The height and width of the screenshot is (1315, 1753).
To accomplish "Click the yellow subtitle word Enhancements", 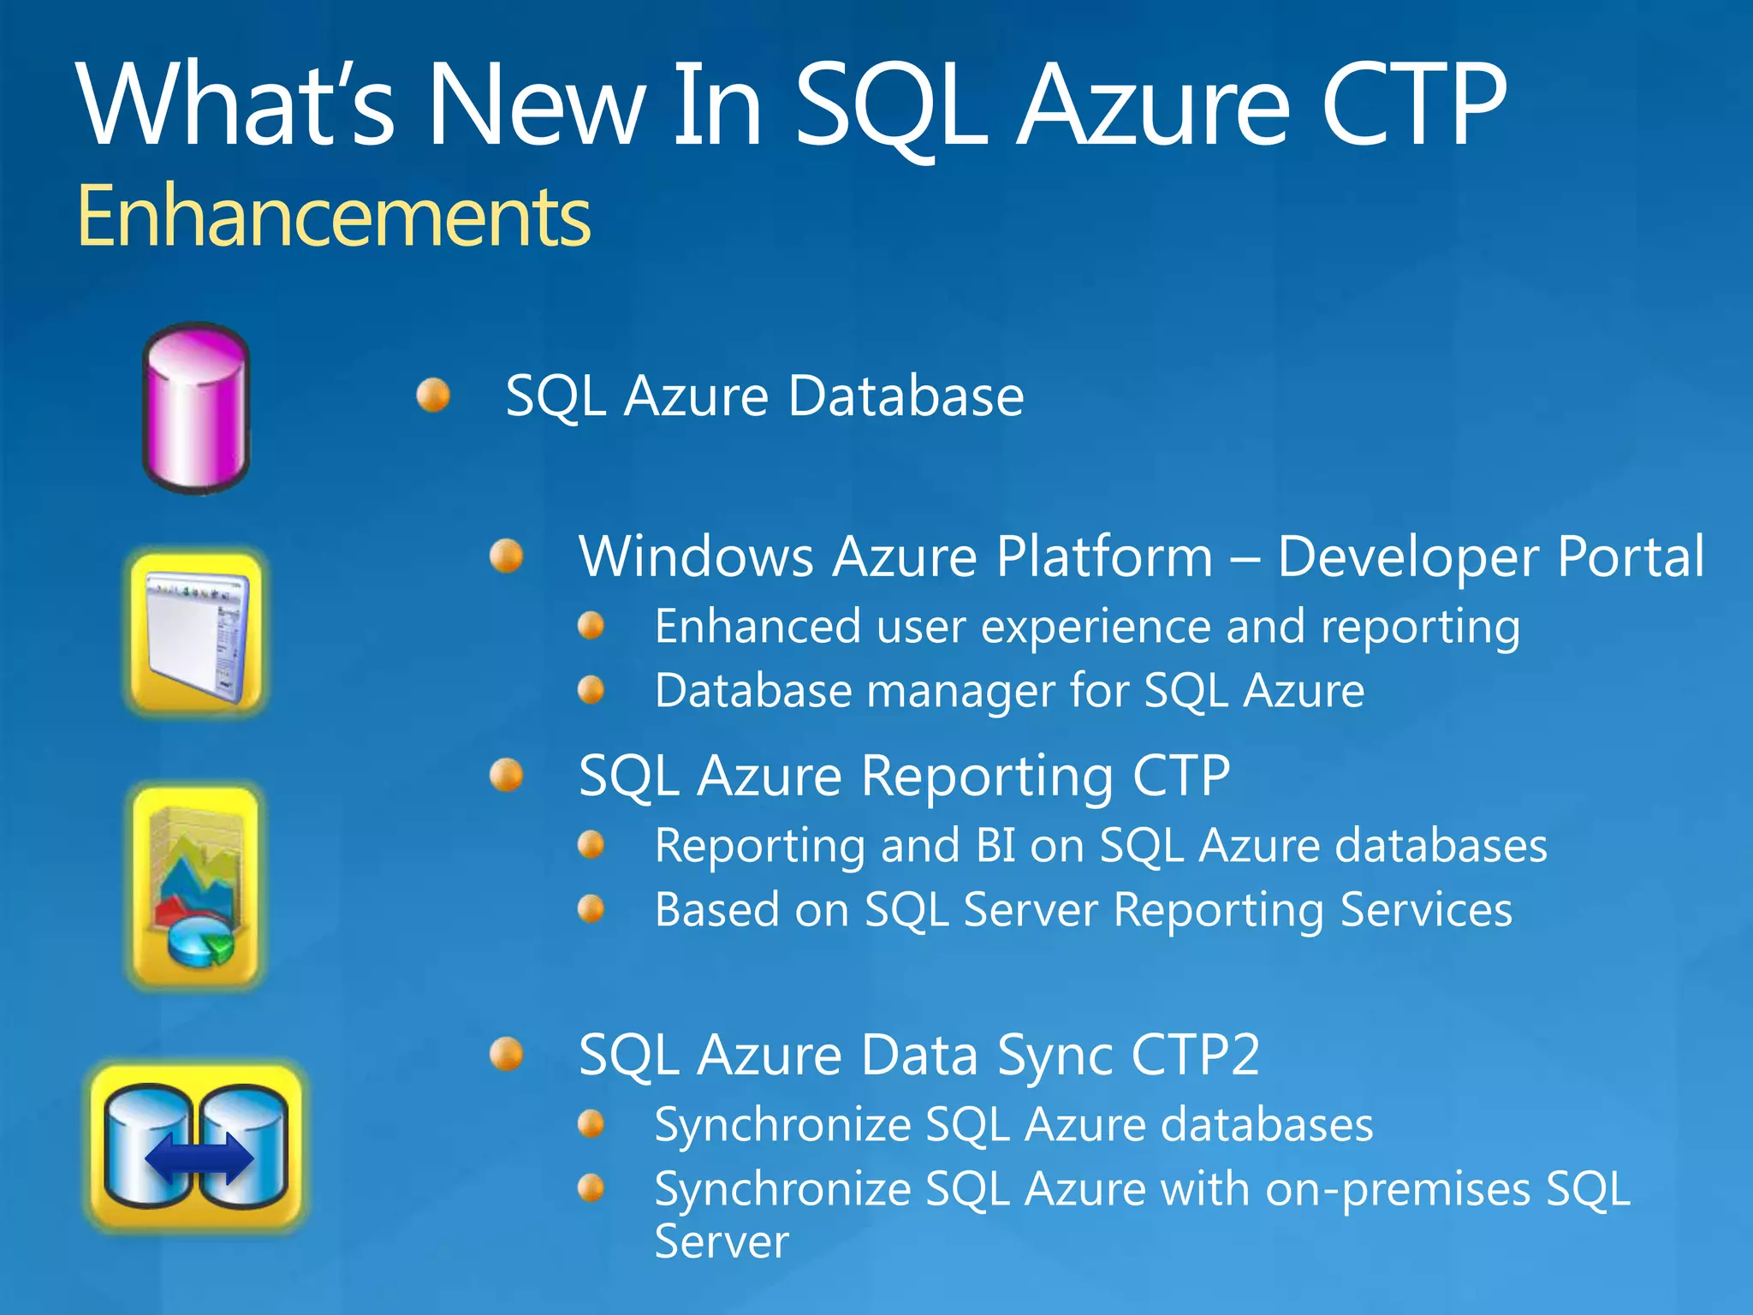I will (334, 216).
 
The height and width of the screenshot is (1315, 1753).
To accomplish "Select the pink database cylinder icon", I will (196, 408).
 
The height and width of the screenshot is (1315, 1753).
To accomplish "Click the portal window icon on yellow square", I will (196, 634).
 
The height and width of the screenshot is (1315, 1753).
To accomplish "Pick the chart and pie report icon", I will (196, 886).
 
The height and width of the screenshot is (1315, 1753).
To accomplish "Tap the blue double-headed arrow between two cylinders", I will (199, 1157).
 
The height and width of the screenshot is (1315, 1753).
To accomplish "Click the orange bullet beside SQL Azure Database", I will (433, 395).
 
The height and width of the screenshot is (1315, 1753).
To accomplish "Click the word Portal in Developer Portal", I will (1631, 556).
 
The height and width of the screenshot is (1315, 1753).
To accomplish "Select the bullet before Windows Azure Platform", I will (507, 556).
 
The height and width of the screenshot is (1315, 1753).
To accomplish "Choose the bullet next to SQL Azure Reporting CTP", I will (507, 776).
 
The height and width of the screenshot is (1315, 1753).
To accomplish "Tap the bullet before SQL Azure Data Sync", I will (507, 1054).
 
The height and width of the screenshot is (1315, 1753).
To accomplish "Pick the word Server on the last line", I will (722, 1241).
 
